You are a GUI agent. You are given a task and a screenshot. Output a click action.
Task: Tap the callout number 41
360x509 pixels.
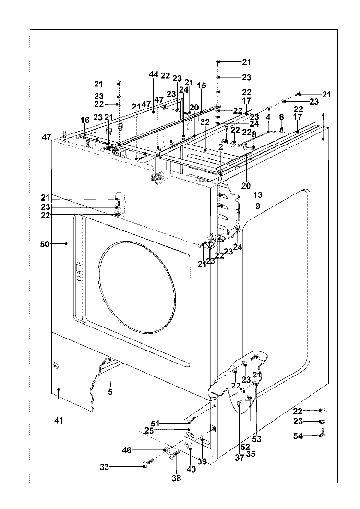[x=58, y=421]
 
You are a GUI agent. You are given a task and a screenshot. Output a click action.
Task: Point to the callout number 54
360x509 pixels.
[x=299, y=436]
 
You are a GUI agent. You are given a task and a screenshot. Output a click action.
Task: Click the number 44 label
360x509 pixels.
[x=154, y=75]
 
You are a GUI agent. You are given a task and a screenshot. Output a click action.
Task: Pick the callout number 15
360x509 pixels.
[x=201, y=85]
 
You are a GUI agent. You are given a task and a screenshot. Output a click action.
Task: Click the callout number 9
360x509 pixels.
[x=257, y=206]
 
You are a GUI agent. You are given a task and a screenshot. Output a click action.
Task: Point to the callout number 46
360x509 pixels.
[x=126, y=450]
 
